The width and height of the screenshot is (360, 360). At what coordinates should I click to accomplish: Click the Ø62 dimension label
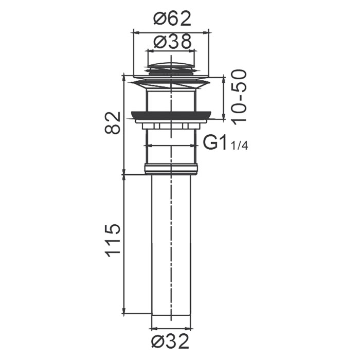point(172,19)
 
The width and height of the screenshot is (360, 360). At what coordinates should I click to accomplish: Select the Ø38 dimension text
point(172,42)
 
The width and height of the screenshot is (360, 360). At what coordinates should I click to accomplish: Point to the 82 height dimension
point(113,122)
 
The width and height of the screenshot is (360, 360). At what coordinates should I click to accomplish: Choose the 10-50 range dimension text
point(240,97)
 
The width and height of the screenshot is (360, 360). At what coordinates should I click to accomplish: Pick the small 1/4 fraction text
point(239,146)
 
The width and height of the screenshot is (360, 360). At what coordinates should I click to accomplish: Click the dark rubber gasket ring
point(171,116)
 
